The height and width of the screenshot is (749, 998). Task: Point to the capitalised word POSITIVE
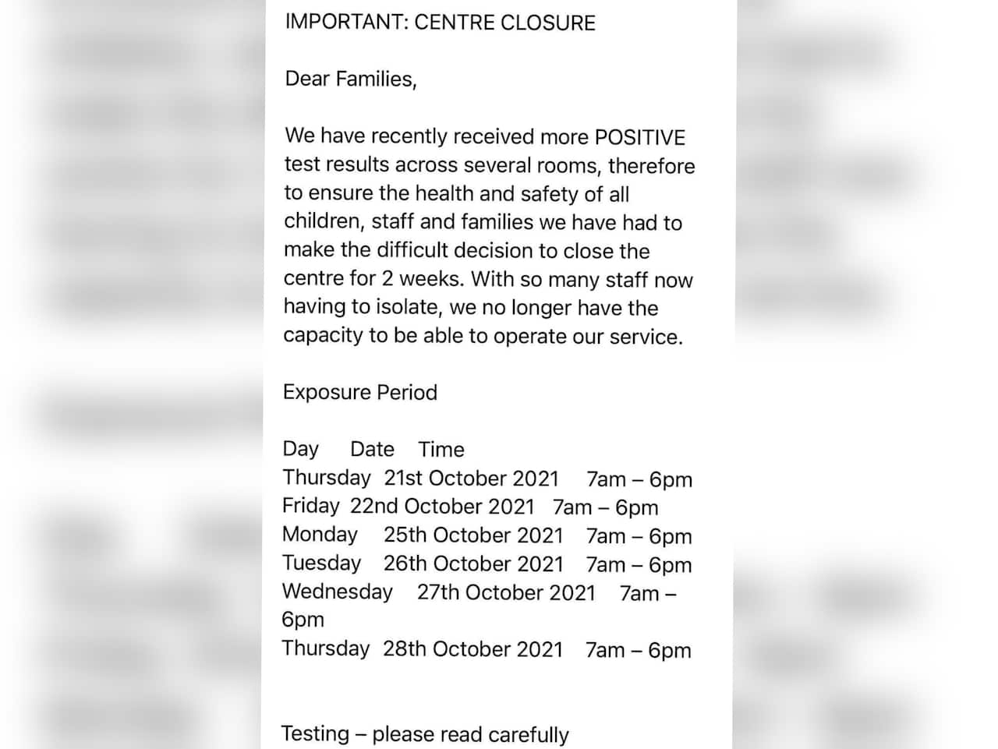point(640,137)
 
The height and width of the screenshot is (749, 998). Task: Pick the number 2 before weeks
point(388,279)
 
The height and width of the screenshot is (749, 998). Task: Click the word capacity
point(323,336)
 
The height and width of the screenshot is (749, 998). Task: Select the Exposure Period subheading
point(359,392)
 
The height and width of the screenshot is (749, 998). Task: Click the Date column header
point(372,450)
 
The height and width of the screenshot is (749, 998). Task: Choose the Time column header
point(441,450)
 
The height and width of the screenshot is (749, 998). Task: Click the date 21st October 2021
point(471,479)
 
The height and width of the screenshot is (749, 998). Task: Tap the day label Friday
point(310,507)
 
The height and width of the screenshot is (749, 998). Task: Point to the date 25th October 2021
point(472,535)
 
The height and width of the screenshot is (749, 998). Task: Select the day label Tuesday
point(321,564)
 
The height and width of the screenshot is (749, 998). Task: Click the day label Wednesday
point(337,592)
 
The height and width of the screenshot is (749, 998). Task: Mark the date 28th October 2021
point(472,649)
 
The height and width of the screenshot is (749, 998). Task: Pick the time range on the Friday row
point(605,507)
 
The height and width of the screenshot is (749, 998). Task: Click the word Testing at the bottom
point(315,734)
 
